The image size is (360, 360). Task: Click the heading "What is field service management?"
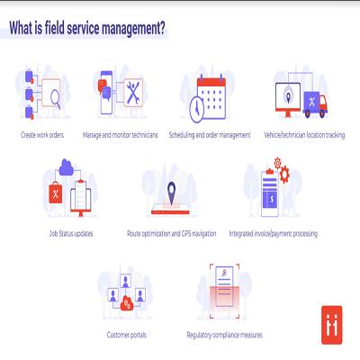[x=87, y=29]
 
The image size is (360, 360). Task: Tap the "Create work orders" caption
[x=42, y=135]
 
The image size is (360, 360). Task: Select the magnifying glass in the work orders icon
[x=56, y=99]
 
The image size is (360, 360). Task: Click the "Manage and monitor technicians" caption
[x=120, y=135]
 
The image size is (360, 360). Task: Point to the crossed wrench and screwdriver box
[x=133, y=93]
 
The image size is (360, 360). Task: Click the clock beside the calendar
[x=197, y=109]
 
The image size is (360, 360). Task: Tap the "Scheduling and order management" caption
[x=210, y=135]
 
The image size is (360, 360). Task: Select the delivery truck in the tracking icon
[x=315, y=104]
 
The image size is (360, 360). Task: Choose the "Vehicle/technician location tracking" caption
[x=304, y=135]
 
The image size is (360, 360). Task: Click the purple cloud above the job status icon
[x=67, y=167]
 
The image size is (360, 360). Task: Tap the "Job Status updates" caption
[x=71, y=233]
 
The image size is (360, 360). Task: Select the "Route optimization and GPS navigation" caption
[x=172, y=233]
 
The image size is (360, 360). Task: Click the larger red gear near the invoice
[x=284, y=174]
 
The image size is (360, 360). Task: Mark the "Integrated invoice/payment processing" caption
[x=274, y=233]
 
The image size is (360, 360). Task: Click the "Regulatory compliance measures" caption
[x=225, y=335]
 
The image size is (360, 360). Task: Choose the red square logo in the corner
[x=332, y=325]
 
